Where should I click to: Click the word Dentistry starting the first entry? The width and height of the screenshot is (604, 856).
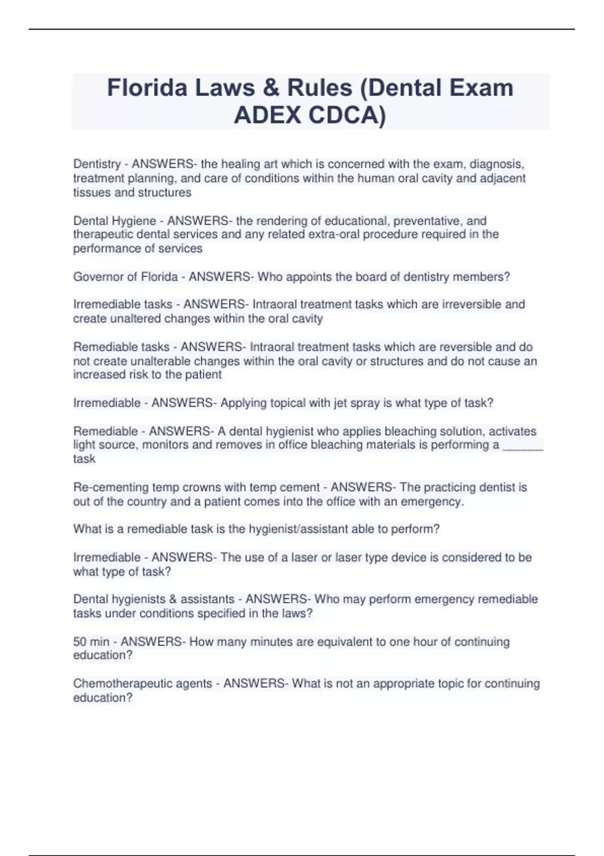[97, 164]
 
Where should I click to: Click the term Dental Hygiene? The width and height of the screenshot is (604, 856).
[114, 221]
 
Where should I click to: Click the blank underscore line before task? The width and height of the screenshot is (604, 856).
[523, 445]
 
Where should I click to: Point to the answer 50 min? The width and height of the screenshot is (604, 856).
[91, 641]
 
